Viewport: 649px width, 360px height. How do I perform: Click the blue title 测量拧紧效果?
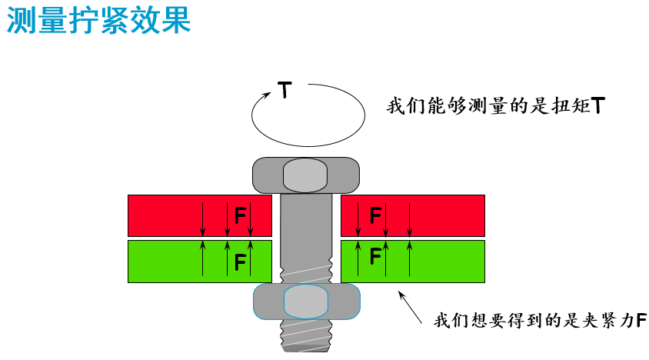point(98,19)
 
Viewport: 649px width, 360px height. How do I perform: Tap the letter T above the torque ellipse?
point(285,89)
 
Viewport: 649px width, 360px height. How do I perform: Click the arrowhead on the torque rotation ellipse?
point(267,95)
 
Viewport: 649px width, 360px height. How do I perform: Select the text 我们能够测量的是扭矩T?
point(496,105)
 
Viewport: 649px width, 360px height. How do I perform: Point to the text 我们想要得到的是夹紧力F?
point(540,321)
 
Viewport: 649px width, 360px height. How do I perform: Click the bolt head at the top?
point(306,175)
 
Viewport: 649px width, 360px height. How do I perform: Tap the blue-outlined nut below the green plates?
point(306,302)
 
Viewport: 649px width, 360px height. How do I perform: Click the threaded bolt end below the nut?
point(306,336)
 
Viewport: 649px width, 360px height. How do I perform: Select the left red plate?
point(200,215)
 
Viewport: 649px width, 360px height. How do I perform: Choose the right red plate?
point(413,215)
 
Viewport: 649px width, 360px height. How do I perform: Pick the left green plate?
point(200,262)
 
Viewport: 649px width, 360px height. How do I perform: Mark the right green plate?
point(413,262)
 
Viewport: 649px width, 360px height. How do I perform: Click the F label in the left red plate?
point(240,215)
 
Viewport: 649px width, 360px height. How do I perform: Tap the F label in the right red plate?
point(375,215)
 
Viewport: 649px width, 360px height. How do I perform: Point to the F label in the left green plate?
point(240,262)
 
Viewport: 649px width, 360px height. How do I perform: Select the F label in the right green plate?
point(375,255)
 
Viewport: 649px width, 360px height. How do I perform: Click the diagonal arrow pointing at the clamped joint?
point(410,307)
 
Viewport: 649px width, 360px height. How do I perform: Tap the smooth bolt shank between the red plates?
point(306,215)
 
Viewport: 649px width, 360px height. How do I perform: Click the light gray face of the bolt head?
point(305,175)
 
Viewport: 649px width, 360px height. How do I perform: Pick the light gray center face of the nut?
point(306,302)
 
